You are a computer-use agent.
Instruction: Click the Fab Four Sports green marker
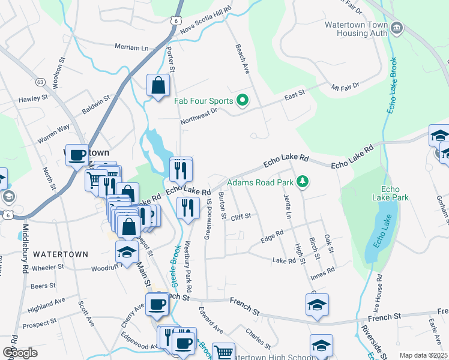(242, 100)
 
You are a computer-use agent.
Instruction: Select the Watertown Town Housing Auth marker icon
(396, 28)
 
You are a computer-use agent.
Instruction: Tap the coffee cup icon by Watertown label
(77, 155)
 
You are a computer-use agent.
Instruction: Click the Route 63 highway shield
(40, 81)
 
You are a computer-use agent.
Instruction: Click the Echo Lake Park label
(390, 193)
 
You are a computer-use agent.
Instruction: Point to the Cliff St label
(238, 215)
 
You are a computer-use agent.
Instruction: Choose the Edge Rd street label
(271, 236)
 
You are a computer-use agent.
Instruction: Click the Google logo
(20, 353)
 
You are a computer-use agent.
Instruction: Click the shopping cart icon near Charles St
(223, 352)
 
